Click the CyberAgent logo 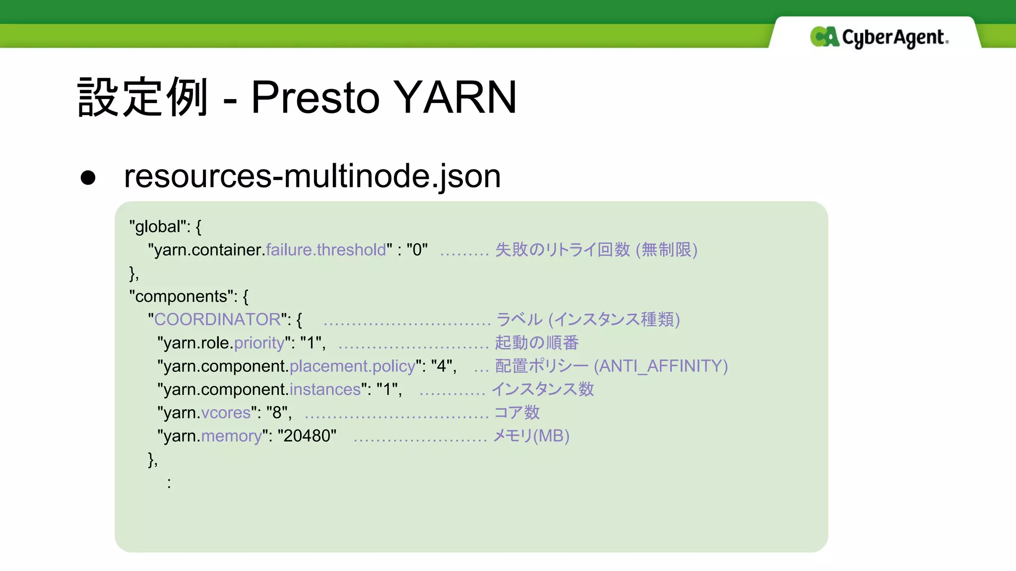point(879,37)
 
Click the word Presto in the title point(316,97)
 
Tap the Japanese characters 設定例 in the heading point(143,97)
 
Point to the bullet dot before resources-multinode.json point(88,177)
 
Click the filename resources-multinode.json point(312,176)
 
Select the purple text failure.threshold point(326,250)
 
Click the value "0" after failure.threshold point(417,250)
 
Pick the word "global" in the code point(157,227)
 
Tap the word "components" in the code point(181,296)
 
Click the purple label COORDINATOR point(217,320)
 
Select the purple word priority point(259,343)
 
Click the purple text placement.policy point(352,366)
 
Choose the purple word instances point(325,390)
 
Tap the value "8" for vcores point(276,413)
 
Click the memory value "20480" point(307,436)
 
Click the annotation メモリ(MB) point(531,436)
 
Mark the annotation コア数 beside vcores point(517,413)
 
